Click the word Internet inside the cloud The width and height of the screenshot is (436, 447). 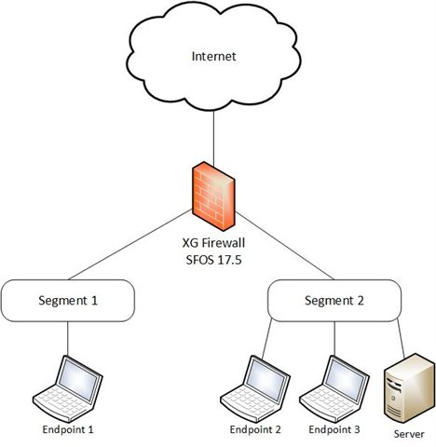tap(213, 56)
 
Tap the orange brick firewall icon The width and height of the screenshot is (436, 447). tap(213, 196)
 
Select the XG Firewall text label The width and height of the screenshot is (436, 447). tap(213, 242)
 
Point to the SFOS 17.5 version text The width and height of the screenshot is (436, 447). tap(213, 260)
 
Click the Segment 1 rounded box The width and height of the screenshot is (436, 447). tap(68, 301)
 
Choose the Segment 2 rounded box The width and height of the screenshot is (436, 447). tap(334, 301)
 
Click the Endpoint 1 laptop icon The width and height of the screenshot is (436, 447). tap(68, 388)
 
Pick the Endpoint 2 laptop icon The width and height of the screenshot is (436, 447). tap(255, 388)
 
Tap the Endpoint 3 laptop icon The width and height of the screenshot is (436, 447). tap(334, 388)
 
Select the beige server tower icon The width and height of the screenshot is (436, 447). tap(409, 388)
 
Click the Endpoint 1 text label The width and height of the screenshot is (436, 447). tap(68, 429)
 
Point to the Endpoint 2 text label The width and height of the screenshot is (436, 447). tap(255, 429)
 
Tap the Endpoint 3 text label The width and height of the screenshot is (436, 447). tap(334, 429)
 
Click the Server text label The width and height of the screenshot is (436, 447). tap(409, 434)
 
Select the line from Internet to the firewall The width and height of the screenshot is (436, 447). tap(213, 138)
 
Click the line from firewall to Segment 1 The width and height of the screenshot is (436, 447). tap(130, 244)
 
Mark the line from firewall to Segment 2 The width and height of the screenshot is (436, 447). tap(284, 246)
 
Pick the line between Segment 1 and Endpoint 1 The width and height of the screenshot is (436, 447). tap(68, 339)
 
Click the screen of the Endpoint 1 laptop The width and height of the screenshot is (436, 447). tap(79, 381)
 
